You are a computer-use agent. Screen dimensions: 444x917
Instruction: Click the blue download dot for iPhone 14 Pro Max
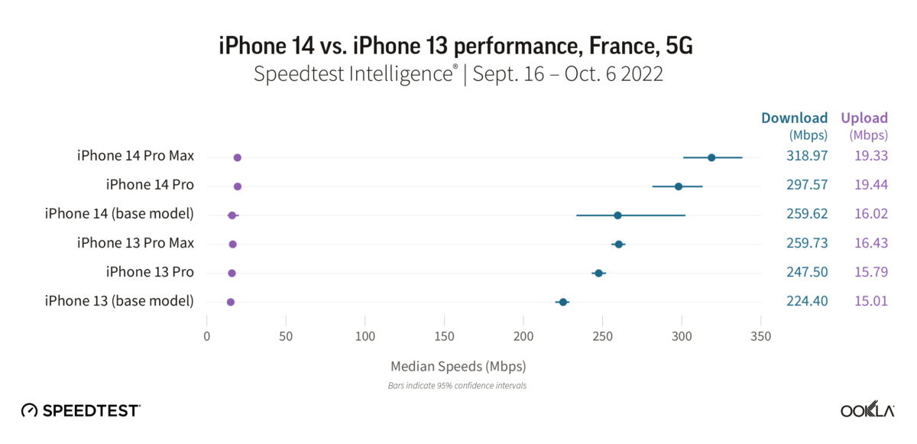(711, 157)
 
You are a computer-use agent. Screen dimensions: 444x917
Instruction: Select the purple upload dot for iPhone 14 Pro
(238, 186)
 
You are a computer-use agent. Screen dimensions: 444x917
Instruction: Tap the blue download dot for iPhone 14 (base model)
(617, 216)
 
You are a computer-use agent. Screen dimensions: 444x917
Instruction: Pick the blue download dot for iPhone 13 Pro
(598, 273)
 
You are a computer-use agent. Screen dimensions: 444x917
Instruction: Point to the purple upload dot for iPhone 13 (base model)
(231, 302)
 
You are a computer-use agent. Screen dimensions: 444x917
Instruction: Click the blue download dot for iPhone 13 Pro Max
(618, 245)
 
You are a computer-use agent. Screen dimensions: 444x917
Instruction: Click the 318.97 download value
(807, 156)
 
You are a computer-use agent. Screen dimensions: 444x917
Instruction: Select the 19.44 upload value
(870, 185)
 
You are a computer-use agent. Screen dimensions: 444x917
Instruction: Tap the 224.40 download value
(807, 301)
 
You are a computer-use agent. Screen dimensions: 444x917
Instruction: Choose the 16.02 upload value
(870, 214)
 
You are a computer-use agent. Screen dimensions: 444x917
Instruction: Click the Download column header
(794, 118)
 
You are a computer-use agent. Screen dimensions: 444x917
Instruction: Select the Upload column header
(864, 118)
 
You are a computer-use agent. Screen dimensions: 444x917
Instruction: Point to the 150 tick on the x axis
(445, 335)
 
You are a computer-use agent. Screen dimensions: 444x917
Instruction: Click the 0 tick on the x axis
(207, 335)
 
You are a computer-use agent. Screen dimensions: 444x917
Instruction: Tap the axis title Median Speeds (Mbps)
(458, 365)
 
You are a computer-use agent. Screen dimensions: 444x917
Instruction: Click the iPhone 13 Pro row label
(150, 272)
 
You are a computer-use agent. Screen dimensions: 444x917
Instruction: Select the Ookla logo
(867, 410)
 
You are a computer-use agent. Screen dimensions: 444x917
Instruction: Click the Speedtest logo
(80, 410)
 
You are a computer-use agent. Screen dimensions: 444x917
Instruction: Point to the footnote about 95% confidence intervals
(458, 386)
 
